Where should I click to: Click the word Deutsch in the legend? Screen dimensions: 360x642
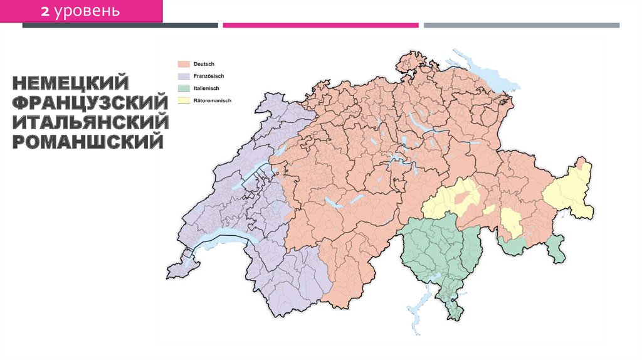coord(204,64)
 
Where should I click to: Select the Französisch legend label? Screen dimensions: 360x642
coord(208,76)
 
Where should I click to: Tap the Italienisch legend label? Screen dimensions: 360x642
coord(206,88)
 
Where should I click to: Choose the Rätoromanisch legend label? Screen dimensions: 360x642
coord(211,100)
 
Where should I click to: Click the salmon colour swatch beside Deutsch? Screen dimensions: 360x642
coord(183,64)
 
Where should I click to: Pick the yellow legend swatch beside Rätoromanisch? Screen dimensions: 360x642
coord(183,100)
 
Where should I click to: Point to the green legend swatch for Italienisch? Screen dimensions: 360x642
coord(183,88)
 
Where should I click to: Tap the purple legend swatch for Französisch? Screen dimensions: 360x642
coord(183,76)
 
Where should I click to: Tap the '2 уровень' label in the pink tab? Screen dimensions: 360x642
coord(81,11)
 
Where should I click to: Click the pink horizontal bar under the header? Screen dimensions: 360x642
coord(320,25)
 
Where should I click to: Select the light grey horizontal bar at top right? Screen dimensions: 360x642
coord(521,25)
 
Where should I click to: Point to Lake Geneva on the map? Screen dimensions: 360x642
coord(219,240)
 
